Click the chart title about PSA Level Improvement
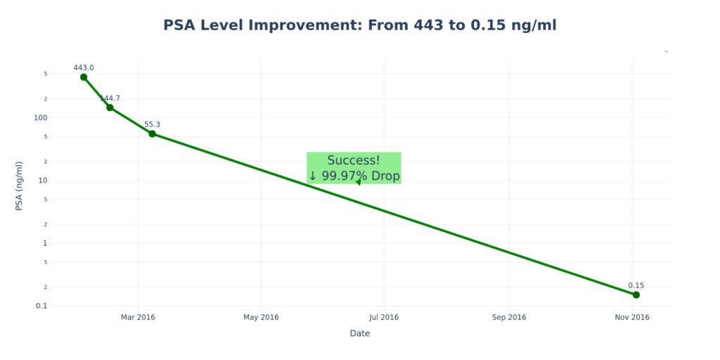point(360,25)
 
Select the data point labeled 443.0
point(84,77)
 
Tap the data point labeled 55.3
point(152,134)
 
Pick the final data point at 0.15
point(636,295)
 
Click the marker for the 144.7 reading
point(110,108)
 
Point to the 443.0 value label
point(84,67)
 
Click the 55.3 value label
point(152,124)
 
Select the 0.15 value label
point(636,285)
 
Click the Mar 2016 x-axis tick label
point(138,317)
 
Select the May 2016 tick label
point(261,317)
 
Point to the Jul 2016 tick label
point(384,317)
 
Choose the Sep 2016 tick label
point(508,317)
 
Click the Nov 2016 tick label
point(631,317)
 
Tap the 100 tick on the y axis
point(40,117)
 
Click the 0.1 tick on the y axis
point(41,306)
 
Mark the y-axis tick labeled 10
point(42,180)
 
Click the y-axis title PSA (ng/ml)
point(20,186)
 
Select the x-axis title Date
point(360,333)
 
